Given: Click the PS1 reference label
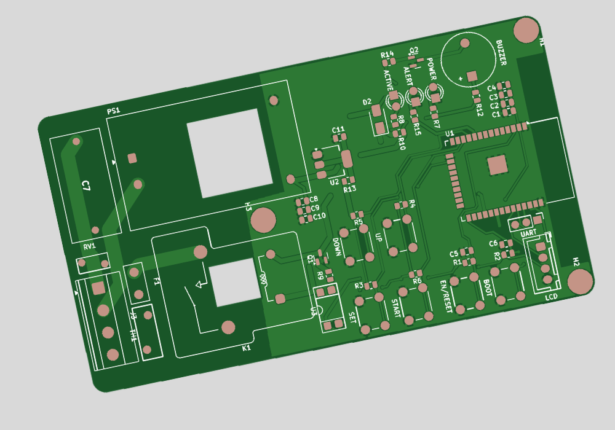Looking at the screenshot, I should [x=113, y=111].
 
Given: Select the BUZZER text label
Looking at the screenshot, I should [x=501, y=53].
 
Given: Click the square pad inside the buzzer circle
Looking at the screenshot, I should [x=472, y=76].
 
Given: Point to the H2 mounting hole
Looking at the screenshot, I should [x=580, y=281].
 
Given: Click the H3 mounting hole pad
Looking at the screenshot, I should [x=263, y=220].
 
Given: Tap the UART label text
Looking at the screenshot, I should [x=528, y=234].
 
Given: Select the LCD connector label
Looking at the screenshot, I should [x=551, y=297].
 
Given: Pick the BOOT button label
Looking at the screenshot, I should [x=486, y=289].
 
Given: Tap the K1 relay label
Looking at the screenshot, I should [x=246, y=348].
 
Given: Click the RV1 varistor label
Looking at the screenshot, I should [x=90, y=246].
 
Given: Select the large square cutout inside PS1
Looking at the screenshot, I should [x=229, y=153].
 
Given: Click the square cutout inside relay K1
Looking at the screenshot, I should [x=234, y=282].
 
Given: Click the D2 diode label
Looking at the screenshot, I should [x=367, y=102].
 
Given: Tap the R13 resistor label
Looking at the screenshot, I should [x=349, y=189].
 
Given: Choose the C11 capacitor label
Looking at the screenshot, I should [x=338, y=130].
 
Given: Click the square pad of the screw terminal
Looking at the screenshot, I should [x=98, y=287].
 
